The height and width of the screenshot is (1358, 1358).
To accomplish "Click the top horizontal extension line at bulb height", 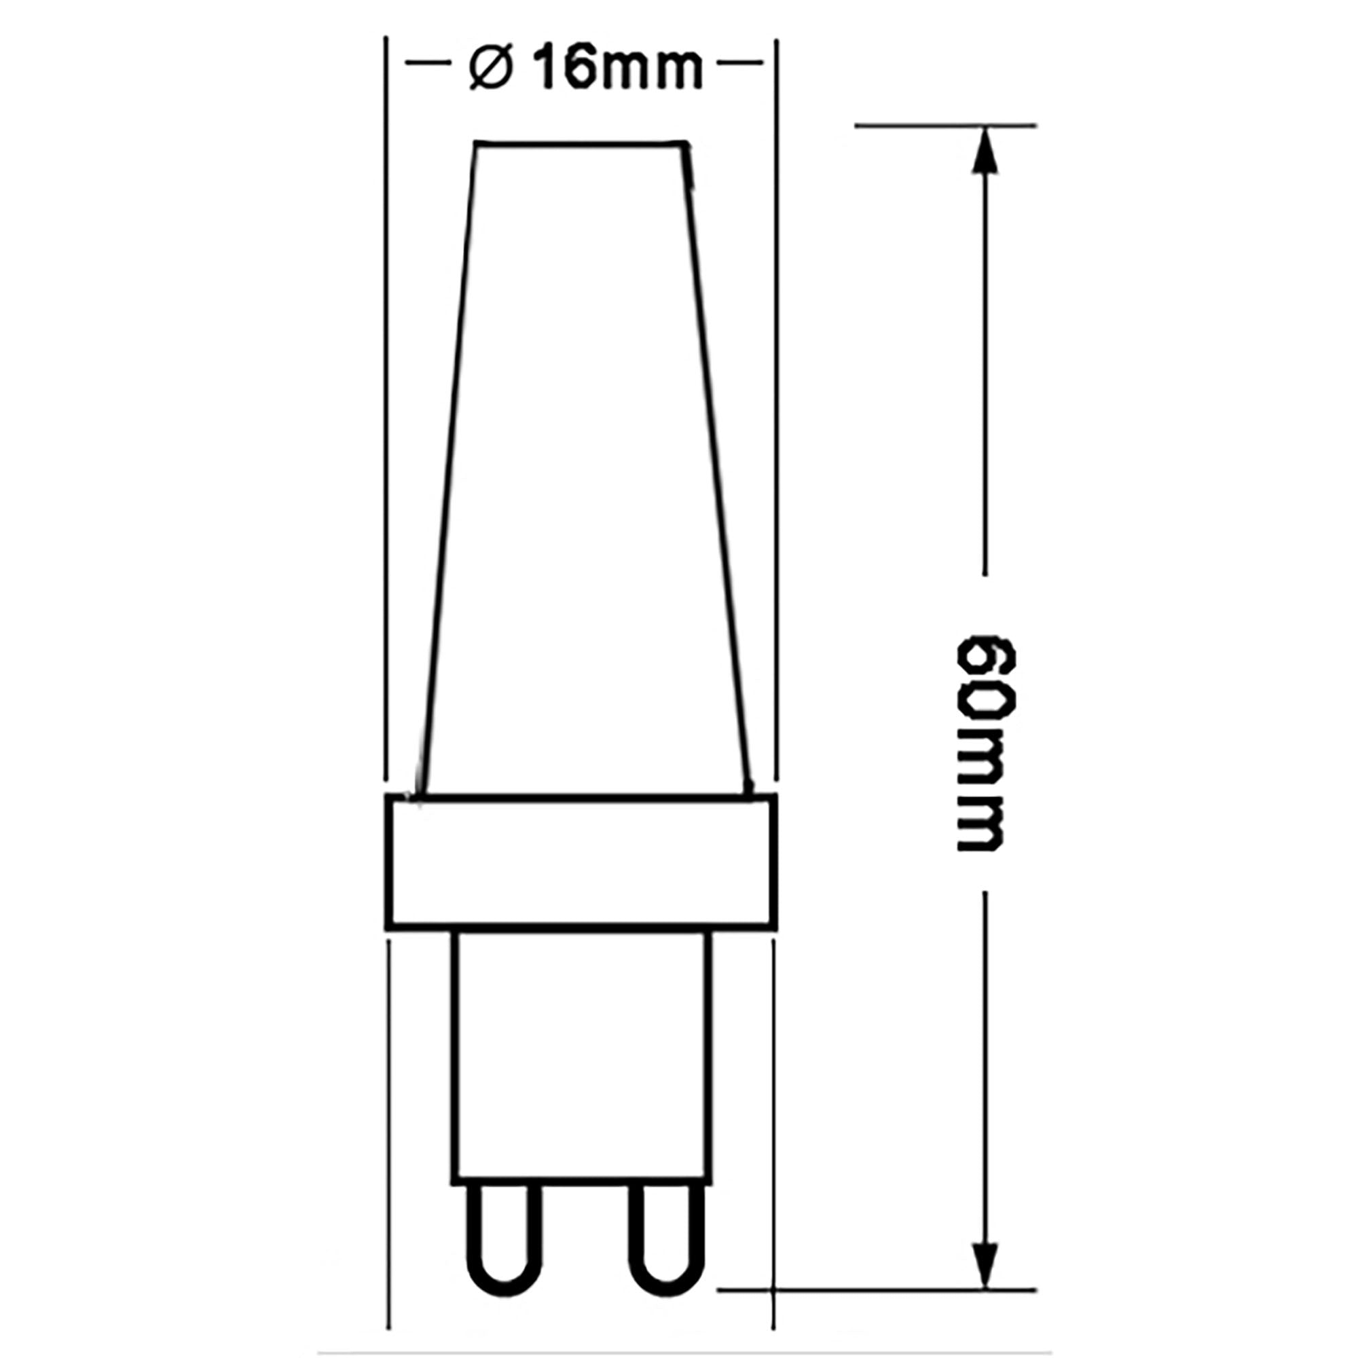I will pos(945,126).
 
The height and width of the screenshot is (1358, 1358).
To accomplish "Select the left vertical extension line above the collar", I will pos(386,407).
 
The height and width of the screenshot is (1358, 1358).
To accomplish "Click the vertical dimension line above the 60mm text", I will pos(985,365).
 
